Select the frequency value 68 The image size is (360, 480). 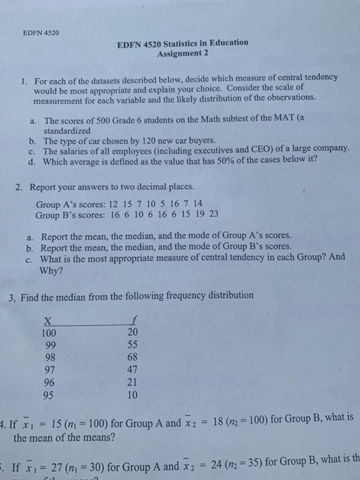point(132,357)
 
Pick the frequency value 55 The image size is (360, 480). point(132,344)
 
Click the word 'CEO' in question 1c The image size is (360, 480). point(257,148)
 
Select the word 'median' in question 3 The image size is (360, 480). point(68,296)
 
